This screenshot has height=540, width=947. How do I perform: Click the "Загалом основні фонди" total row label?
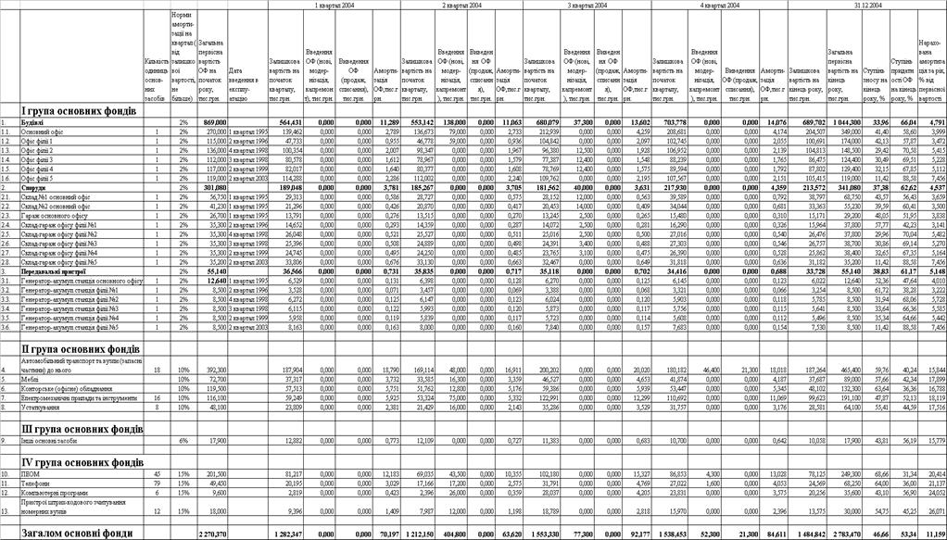click(x=79, y=533)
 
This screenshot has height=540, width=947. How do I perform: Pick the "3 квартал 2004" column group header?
click(x=587, y=6)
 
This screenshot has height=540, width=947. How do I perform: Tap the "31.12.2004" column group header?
click(x=867, y=6)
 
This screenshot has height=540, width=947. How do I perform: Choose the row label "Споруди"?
click(x=36, y=186)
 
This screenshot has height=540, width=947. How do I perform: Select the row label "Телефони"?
click(x=37, y=483)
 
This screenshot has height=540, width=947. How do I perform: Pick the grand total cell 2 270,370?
click(x=213, y=534)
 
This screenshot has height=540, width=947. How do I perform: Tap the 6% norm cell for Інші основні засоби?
click(x=183, y=440)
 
